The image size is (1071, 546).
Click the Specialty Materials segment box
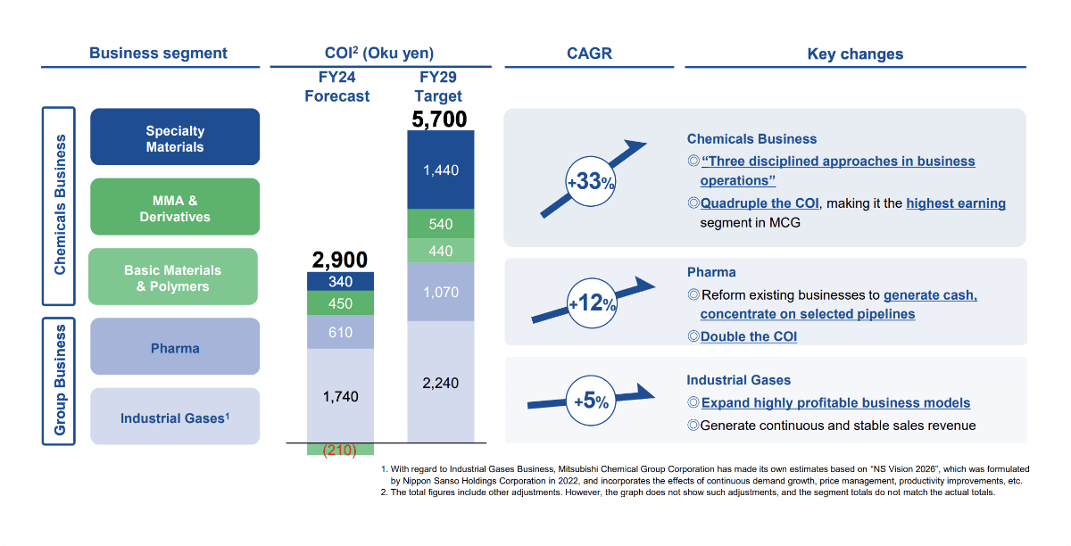coord(175,137)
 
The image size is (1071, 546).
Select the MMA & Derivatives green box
coord(175,207)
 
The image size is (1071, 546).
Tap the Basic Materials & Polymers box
coord(173,277)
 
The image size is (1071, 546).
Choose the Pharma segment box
coord(175,347)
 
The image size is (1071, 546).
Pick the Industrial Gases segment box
coord(175,417)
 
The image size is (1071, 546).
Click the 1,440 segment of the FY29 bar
coord(441,170)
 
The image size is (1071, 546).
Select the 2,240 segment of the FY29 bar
coord(441,382)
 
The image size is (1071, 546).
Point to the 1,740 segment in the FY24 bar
coord(339,395)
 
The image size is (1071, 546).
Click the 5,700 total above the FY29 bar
coord(440,119)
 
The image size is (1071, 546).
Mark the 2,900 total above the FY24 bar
coord(339,260)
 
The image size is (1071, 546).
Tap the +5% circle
coord(592,401)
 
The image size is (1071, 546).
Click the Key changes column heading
coord(854,54)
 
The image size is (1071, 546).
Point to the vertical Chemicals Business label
coord(60,205)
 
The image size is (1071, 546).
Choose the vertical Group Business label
coord(60,379)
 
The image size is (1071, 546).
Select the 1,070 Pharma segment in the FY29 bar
coord(441,292)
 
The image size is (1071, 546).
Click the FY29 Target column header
coord(440,87)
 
